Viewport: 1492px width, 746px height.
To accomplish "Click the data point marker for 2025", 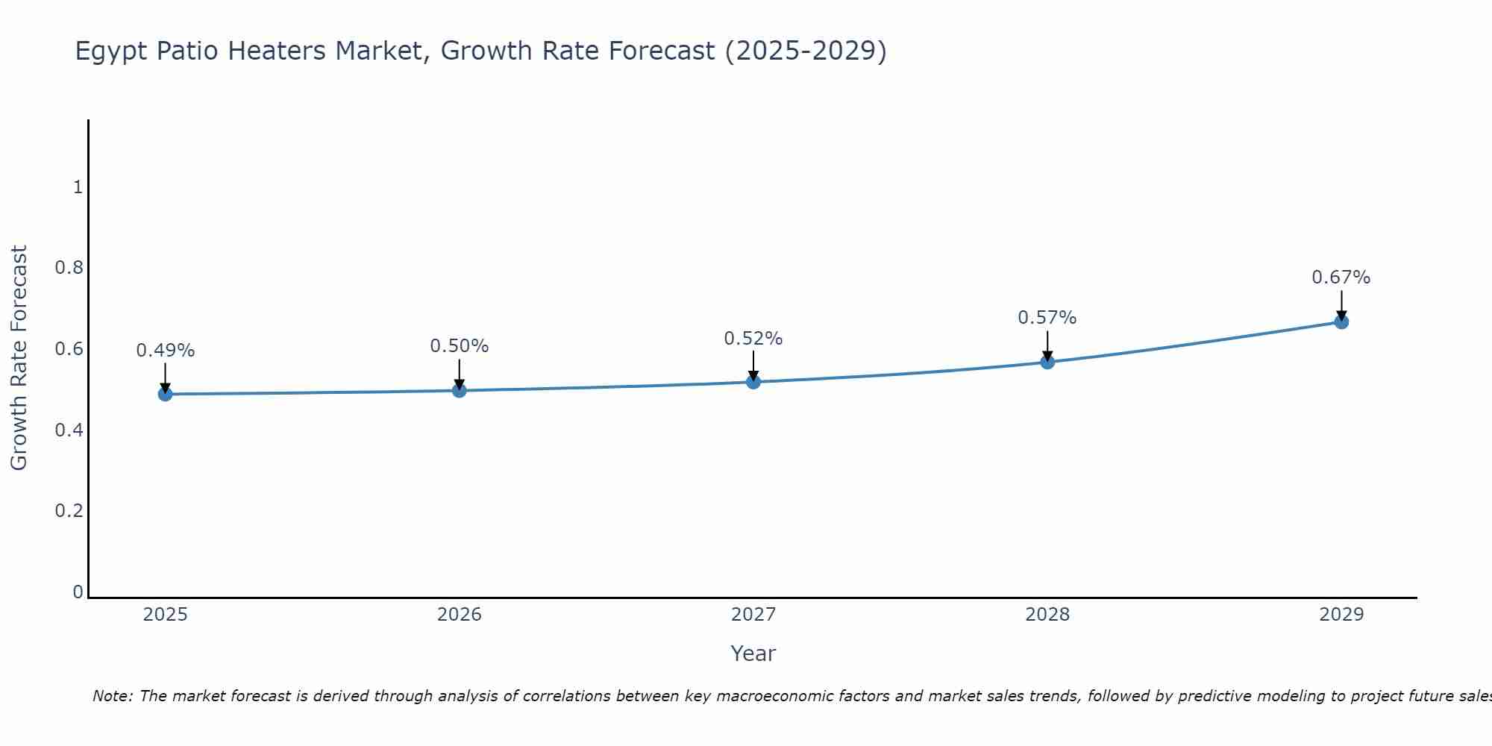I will [166, 394].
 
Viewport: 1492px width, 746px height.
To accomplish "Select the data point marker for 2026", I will [460, 390].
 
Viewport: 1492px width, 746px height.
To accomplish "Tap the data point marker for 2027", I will [753, 382].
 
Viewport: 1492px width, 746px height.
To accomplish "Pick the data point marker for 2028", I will [1047, 362].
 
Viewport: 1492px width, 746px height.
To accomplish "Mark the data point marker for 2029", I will [1341, 322].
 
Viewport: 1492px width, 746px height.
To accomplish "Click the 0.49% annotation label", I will [166, 351].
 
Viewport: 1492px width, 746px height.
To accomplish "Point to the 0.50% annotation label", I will [460, 346].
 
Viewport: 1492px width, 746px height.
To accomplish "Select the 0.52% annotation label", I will [753, 339].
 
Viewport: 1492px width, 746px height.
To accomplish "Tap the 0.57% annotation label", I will [1047, 318].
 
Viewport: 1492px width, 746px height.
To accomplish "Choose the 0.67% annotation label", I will [1341, 278].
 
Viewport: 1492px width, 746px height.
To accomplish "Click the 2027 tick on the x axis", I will [753, 615].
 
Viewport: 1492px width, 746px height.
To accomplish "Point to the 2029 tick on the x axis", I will [1341, 615].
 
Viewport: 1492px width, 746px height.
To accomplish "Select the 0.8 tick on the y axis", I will [69, 268].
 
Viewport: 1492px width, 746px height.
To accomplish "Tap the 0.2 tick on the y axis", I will [69, 511].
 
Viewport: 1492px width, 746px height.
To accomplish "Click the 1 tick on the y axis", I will [78, 187].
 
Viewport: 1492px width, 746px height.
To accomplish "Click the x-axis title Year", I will [753, 653].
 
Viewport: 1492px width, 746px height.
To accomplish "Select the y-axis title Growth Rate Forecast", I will [19, 358].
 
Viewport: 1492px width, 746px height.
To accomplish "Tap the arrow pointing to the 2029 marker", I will [1341, 304].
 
